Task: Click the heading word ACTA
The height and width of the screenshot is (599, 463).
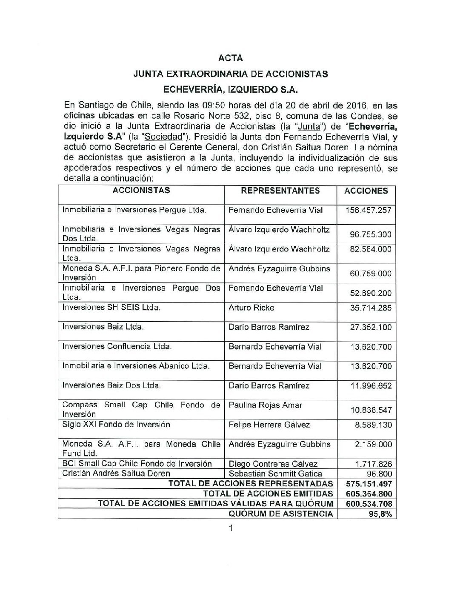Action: [231, 57]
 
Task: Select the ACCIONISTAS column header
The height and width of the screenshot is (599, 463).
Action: [141, 191]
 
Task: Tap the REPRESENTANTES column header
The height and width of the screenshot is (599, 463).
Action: [280, 191]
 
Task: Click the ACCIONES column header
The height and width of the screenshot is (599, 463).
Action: [366, 191]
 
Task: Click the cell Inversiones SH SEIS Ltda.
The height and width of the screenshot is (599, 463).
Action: [111, 308]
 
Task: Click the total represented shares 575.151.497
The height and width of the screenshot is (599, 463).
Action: [367, 484]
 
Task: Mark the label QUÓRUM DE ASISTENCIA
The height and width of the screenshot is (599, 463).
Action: [280, 514]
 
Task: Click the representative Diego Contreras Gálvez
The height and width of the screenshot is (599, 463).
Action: [273, 464]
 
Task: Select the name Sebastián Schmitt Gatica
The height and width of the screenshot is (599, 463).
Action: [275, 473]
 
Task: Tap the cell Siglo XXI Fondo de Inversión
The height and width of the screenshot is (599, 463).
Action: [116, 425]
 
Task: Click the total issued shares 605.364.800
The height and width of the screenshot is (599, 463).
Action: [367, 494]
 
